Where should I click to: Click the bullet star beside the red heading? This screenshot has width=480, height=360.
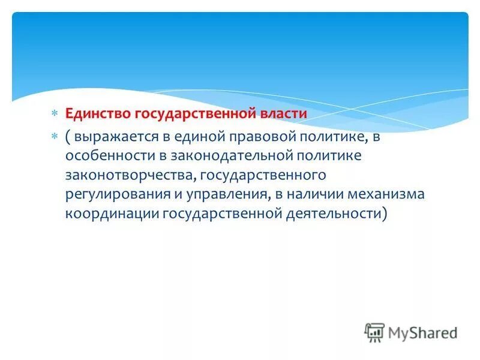[x=53, y=113]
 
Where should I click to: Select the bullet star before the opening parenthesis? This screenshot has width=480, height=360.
[x=53, y=136]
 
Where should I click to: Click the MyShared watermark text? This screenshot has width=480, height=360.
[x=422, y=332]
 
